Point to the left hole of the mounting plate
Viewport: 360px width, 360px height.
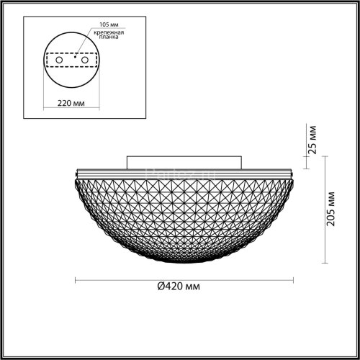pyautogui.click(x=52, y=62)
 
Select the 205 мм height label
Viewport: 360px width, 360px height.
pyautogui.click(x=330, y=209)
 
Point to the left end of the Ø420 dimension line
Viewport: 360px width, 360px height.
pyautogui.click(x=76, y=278)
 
